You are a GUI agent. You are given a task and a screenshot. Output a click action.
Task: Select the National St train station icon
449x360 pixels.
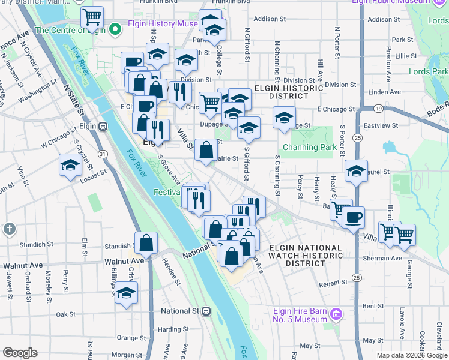[206, 311]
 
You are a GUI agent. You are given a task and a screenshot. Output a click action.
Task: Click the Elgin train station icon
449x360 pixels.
[103, 127]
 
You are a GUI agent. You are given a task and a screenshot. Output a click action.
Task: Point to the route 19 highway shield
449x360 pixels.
[379, 109]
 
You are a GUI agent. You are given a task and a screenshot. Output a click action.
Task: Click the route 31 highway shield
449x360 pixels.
[103, 154]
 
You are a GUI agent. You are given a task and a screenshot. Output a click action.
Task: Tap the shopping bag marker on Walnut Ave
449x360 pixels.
[146, 244]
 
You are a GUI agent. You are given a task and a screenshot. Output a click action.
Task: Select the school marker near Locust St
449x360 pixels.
[70, 166]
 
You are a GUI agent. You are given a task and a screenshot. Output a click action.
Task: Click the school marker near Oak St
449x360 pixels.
[126, 293]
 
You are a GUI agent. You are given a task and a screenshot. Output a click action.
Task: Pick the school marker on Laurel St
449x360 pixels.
[356, 171]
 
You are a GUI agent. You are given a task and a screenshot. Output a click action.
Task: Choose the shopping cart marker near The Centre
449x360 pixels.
[92, 18]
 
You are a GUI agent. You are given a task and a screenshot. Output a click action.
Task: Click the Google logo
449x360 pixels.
[19, 353]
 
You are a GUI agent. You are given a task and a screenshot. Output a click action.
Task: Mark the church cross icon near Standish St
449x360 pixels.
[9, 228]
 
